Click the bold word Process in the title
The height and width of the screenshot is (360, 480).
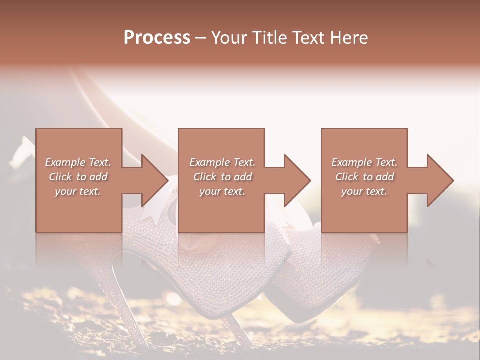(157, 37)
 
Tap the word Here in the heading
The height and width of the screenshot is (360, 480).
(350, 37)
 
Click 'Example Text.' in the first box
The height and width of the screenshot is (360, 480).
(78, 162)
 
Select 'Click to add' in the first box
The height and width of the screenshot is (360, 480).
(78, 177)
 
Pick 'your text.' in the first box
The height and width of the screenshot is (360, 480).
(78, 191)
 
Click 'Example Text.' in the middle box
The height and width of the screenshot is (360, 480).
(222, 162)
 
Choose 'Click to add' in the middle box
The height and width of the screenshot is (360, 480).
(222, 177)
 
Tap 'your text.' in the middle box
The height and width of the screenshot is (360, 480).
(222, 191)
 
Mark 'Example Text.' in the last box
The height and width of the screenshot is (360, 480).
(364, 162)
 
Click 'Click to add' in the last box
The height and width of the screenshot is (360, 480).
(364, 177)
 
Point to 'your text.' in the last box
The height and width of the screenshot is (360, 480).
(364, 191)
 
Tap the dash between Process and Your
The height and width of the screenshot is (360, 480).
(200, 38)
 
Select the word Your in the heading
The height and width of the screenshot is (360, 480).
(228, 37)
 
